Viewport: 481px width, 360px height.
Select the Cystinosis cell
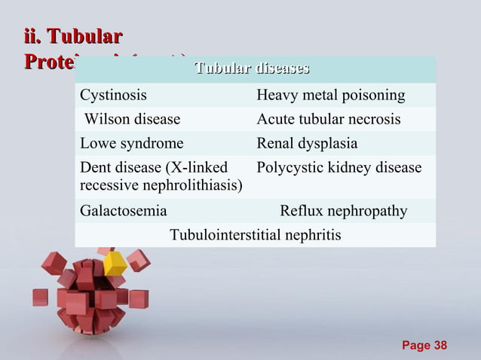tap(114, 96)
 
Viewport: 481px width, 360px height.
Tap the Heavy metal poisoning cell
tap(330, 96)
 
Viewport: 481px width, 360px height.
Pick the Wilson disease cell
tap(132, 120)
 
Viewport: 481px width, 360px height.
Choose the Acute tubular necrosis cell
tap(329, 120)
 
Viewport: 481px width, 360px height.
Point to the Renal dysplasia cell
tap(307, 143)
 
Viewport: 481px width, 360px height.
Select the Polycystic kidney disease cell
tap(339, 168)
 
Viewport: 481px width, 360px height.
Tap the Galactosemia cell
tap(124, 212)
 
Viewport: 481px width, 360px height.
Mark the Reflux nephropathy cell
tap(344, 212)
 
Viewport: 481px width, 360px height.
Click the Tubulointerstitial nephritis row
tap(255, 236)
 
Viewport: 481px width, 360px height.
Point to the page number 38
tap(439, 345)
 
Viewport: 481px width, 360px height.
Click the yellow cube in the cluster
tap(115, 264)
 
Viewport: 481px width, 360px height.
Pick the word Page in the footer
tap(416, 345)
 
